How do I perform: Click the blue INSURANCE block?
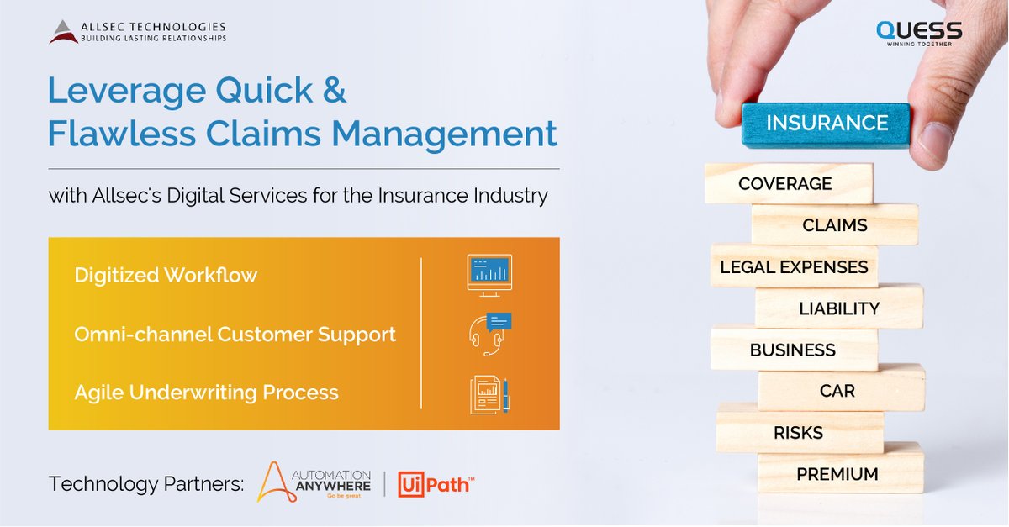point(827,124)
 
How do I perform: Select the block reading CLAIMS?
point(834,224)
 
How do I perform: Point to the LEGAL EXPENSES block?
point(794,266)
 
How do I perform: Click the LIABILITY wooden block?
point(838,308)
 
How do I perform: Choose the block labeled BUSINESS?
point(793,349)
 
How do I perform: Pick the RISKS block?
point(799,432)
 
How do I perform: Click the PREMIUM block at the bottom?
point(838,473)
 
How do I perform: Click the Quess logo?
point(918,33)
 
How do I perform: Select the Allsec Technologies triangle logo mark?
point(63,32)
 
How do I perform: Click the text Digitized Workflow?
point(166,275)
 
